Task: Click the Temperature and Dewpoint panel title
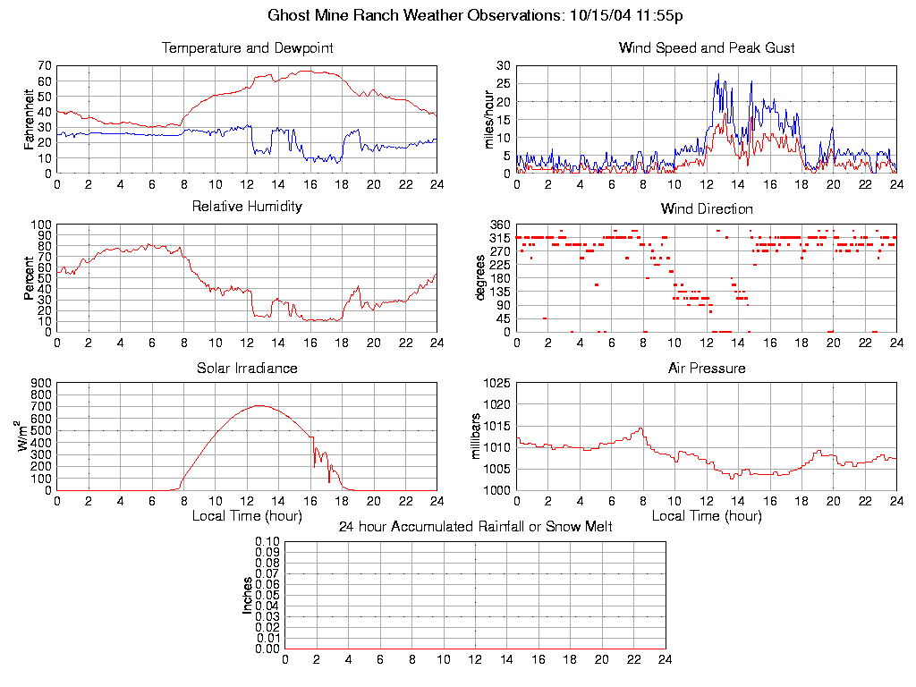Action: coord(247,47)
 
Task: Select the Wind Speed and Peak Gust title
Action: coord(707,47)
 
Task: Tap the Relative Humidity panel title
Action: coord(247,207)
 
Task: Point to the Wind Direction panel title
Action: coord(707,208)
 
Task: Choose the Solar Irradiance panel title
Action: coord(247,368)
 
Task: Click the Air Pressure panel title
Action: coord(707,368)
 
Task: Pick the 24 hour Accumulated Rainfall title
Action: coord(475,527)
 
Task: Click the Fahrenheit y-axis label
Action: coord(30,119)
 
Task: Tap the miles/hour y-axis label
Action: coord(490,119)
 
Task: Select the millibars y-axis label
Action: coord(478,437)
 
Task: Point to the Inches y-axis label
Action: coord(248,595)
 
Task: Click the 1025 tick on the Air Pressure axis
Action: coord(496,383)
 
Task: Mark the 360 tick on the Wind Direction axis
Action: coord(500,225)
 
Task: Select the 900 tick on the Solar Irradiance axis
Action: coord(41,383)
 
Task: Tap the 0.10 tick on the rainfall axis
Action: coord(267,542)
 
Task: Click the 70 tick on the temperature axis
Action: coord(44,66)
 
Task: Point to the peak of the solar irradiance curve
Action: coord(259,405)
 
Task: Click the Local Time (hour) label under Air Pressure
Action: coord(707,516)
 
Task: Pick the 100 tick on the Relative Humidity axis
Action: coord(41,225)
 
